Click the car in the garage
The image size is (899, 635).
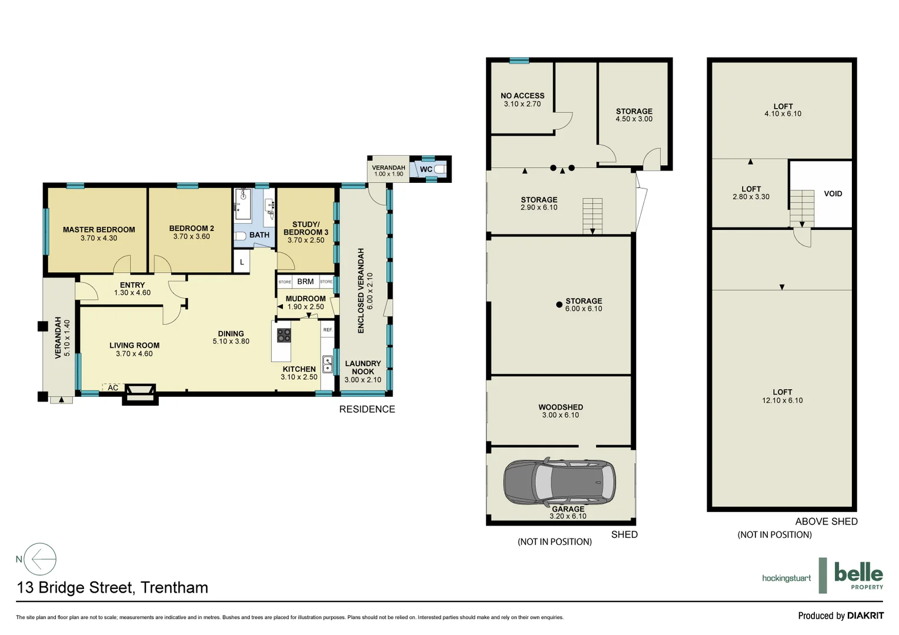(x=560, y=482)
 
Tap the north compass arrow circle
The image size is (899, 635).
(x=40, y=559)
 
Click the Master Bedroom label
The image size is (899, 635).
(x=99, y=230)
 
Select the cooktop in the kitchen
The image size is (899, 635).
(x=284, y=335)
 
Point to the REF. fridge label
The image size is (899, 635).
(x=328, y=330)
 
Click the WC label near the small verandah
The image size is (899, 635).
(x=426, y=169)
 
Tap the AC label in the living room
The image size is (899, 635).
(x=113, y=387)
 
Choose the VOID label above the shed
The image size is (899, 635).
(x=833, y=193)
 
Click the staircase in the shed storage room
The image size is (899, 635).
(x=592, y=215)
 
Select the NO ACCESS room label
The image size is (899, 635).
(x=522, y=96)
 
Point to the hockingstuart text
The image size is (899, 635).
(x=786, y=578)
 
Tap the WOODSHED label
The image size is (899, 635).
(x=561, y=407)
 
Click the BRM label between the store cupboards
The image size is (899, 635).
(x=305, y=282)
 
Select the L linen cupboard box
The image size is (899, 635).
(x=242, y=262)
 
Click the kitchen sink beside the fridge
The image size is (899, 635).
(x=328, y=364)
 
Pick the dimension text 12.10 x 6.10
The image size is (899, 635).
(x=782, y=400)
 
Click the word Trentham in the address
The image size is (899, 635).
(x=174, y=587)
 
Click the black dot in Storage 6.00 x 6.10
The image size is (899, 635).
(x=559, y=305)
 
